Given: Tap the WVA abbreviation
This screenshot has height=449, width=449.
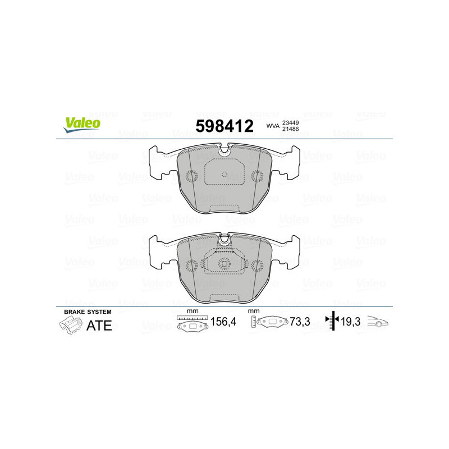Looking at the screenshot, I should pos(273,127).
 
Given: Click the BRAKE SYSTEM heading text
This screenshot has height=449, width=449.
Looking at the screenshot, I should pos(88,311).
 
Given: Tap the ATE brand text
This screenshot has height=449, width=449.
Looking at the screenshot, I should pos(99,325).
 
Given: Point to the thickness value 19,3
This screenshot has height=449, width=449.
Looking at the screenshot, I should pos(352,323).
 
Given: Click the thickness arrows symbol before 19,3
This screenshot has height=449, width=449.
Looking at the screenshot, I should pos(333,322).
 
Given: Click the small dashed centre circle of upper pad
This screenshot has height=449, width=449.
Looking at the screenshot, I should pos(224,173).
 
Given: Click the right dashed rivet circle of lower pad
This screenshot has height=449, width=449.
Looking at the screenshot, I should pos(257,265).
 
